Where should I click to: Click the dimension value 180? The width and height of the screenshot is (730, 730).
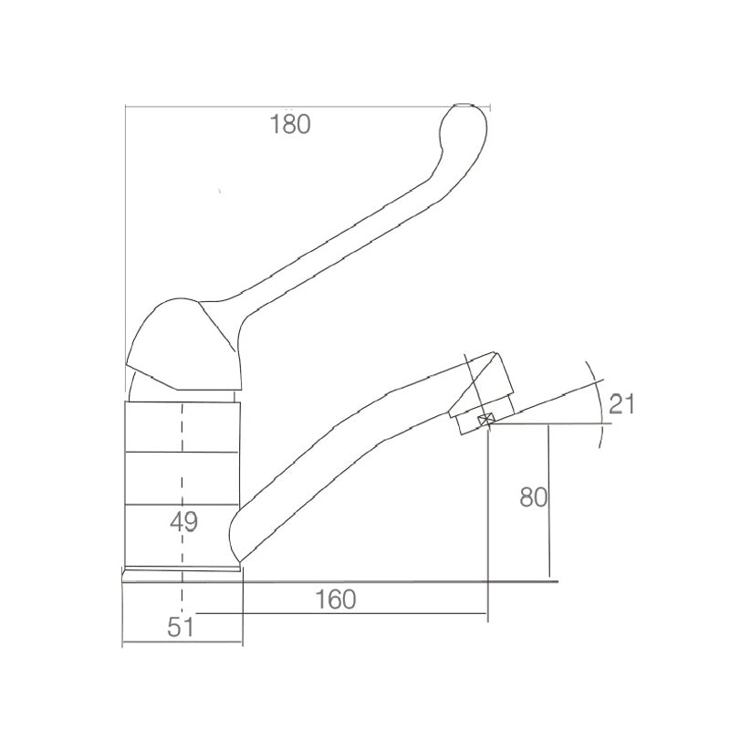pos(290,124)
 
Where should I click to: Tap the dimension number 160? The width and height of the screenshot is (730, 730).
pos(335,600)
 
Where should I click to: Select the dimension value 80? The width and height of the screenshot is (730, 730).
pos(533,497)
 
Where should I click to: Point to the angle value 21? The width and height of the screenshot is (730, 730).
pos(622,403)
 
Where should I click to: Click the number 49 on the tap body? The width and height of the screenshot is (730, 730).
pos(184,521)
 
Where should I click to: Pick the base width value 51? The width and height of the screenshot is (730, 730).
pos(180,627)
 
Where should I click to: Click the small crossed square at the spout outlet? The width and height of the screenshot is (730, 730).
pos(485,420)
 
